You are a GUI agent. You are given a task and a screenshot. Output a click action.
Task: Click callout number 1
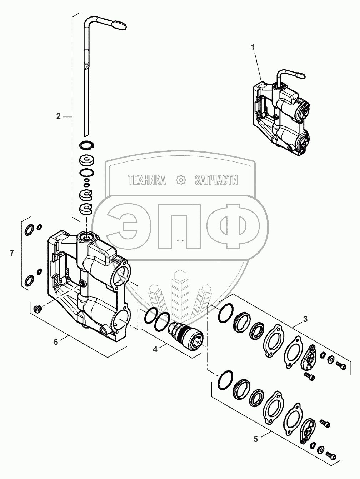click(252, 48)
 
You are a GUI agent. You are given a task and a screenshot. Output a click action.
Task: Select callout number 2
click(58, 116)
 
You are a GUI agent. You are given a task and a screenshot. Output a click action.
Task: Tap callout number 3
click(305, 319)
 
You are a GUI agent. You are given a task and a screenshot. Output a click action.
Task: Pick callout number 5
click(256, 433)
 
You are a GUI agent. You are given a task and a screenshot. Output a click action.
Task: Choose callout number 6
click(56, 342)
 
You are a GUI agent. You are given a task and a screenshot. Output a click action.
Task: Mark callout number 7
click(12, 254)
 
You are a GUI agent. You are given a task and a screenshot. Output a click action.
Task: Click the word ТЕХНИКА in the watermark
click(147, 180)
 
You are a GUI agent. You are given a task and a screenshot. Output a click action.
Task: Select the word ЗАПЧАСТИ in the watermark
click(216, 180)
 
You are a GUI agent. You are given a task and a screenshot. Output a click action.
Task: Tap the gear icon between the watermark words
click(181, 180)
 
